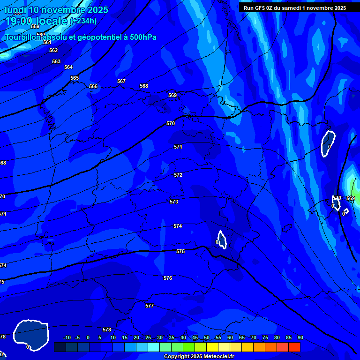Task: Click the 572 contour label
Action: [x=178, y=175]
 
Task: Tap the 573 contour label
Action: [x=174, y=202]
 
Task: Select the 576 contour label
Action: [x=168, y=278]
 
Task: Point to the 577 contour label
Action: [x=150, y=306]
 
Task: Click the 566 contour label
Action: [x=93, y=86]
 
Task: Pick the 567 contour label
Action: [x=121, y=81]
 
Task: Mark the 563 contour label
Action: [x=56, y=61]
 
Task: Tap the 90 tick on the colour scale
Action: [x=300, y=337]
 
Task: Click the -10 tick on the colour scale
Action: [x=67, y=337]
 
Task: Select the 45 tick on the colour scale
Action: [x=195, y=337]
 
